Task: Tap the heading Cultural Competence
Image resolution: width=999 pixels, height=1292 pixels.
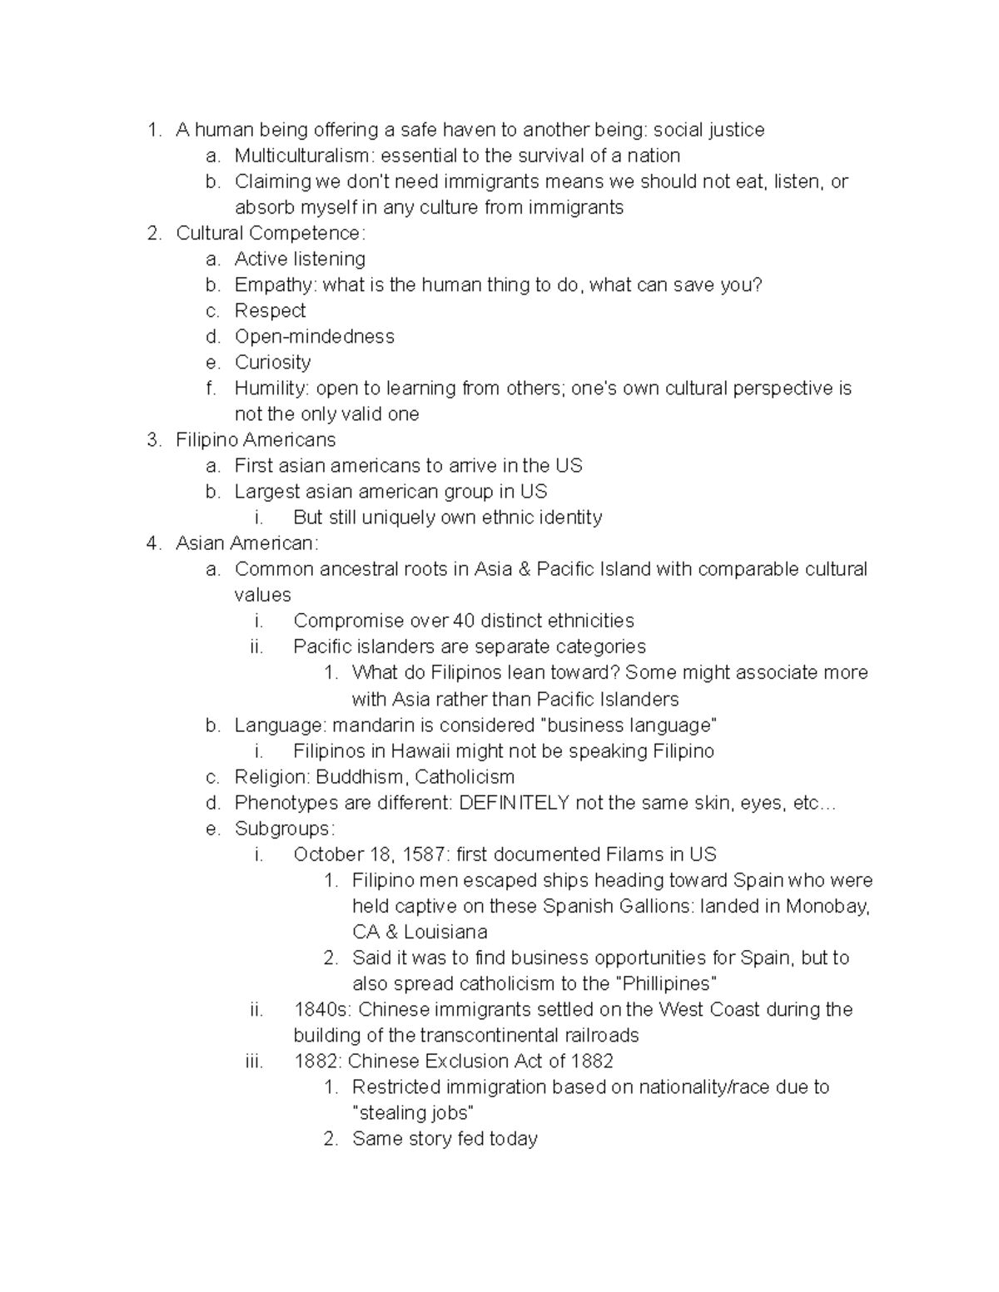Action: (270, 233)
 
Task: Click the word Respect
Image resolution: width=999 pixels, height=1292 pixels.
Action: (270, 310)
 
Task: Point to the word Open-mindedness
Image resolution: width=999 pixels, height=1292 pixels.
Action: (314, 336)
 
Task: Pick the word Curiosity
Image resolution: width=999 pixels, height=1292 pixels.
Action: (272, 362)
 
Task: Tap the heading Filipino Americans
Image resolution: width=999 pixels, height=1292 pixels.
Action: (256, 439)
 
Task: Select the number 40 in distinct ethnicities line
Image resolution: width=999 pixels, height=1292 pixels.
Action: (464, 621)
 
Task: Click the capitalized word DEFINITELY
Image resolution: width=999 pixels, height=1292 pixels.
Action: (514, 803)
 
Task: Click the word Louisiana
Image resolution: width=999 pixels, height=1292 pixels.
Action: (445, 932)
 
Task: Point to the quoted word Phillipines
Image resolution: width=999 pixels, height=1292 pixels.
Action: (666, 983)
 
